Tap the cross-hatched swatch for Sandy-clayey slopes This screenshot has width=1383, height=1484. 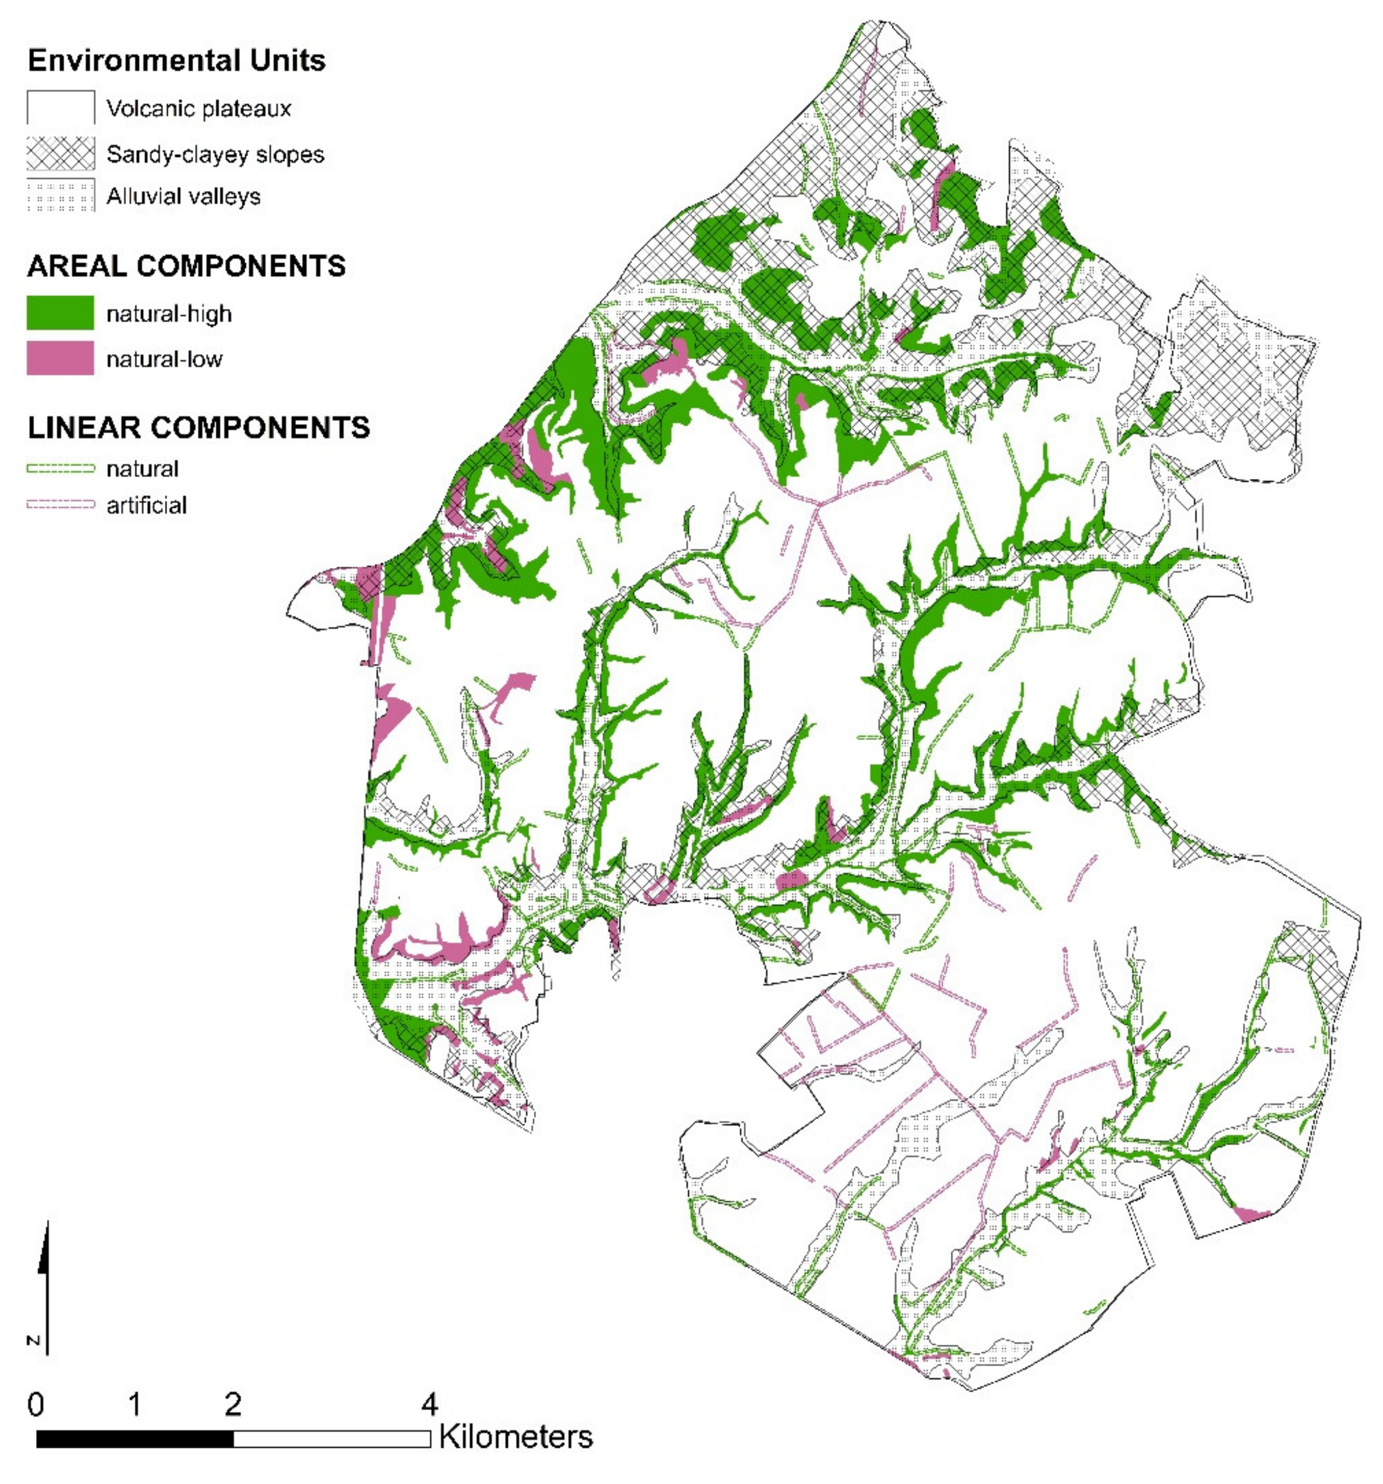[61, 154]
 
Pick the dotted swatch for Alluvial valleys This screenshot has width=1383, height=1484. [61, 195]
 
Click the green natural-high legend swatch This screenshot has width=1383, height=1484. [61, 313]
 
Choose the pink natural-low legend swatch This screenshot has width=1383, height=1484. [61, 359]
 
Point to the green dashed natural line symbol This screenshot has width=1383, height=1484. [61, 469]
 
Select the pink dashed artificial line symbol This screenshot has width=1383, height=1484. [61, 505]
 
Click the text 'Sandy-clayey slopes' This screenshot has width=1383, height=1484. [215, 155]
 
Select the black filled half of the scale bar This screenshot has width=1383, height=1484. [134, 1439]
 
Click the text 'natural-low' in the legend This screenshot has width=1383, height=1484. [164, 359]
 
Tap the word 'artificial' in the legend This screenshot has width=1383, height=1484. [146, 505]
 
